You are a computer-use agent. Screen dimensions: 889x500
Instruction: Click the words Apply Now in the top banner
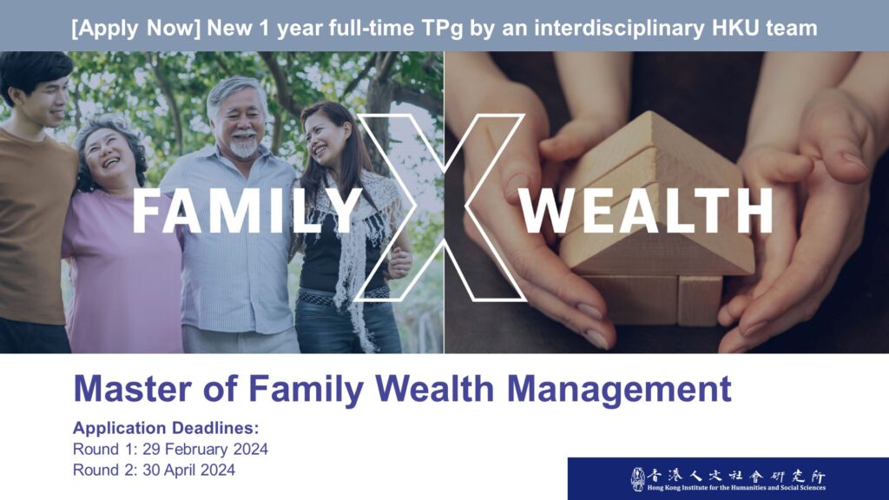(136, 28)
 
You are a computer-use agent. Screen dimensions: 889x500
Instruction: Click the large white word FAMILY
(247, 211)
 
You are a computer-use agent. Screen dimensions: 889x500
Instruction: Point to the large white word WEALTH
(646, 211)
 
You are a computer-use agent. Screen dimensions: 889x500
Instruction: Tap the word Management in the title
(619, 390)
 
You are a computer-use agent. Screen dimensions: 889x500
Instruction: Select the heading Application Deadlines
(166, 427)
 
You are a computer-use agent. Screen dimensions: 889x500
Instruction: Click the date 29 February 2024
(205, 449)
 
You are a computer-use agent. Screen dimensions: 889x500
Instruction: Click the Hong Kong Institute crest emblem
(638, 479)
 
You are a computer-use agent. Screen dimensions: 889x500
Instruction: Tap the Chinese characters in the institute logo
(736, 476)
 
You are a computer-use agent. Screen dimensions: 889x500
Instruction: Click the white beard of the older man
(244, 146)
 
